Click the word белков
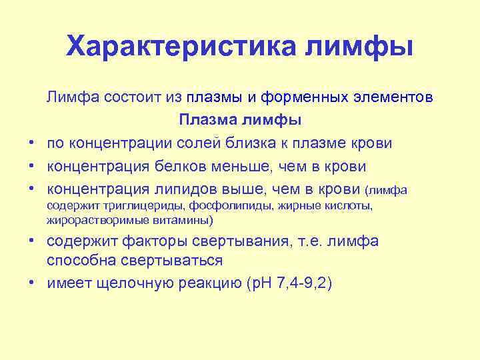pos(170,165)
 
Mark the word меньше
pos(227,165)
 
